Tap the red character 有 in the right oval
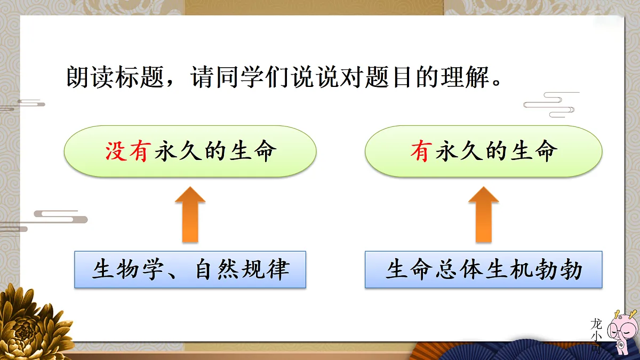(421, 152)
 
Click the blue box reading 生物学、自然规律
(190, 270)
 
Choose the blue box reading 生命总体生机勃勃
(483, 270)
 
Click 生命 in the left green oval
(253, 152)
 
